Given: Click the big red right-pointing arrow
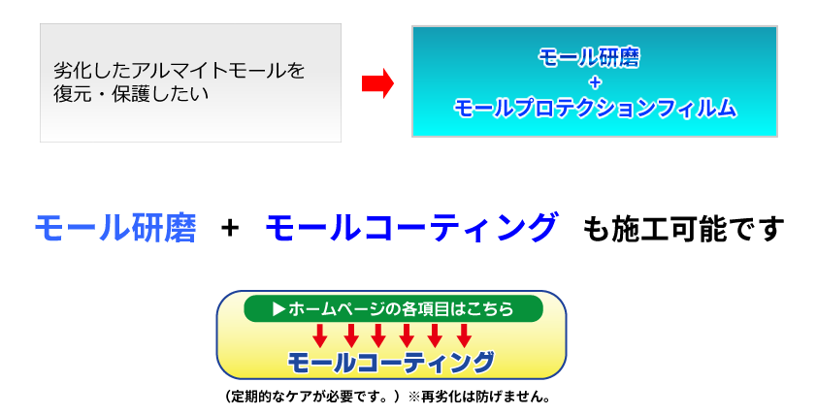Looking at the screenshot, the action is pos(377,83).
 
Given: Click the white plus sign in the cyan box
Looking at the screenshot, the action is pos(595,82).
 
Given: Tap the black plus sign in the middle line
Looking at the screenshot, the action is pos(230,228).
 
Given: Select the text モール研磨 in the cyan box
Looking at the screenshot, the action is pos(589,57).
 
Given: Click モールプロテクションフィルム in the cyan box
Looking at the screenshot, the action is pos(595,108).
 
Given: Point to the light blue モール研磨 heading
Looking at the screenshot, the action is pos(115,228).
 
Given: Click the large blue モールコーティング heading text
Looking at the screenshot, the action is pos(411,228).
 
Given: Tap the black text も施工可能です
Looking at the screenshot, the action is pos(683,229).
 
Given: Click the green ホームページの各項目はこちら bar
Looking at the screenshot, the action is pos(393,308).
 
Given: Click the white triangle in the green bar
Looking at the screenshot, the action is pos(278,308).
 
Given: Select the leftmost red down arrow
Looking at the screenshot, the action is pos(320,335).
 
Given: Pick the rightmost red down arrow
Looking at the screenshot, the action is pos(464,335).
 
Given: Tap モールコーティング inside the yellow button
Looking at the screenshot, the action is pos(391,363).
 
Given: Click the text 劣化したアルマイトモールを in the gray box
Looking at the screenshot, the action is pos(180,70).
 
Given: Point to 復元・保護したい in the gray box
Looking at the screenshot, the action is pos(131,94).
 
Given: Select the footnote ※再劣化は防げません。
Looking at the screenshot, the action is pos(479,397).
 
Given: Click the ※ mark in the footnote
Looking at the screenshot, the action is pos(414,397).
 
